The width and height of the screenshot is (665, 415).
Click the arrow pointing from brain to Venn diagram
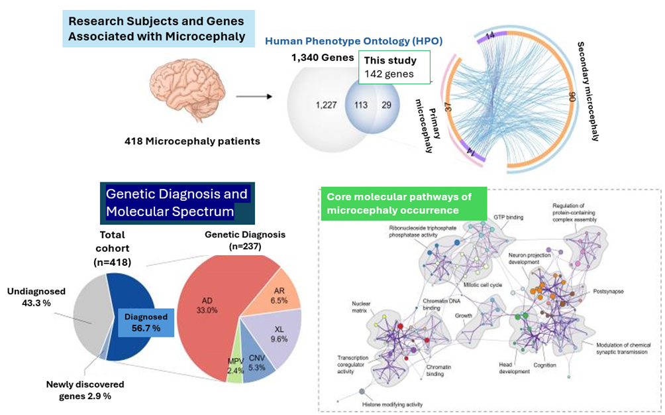point(254,97)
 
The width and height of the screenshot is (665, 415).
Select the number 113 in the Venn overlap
point(361,105)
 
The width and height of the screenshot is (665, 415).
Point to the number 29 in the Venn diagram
point(387,105)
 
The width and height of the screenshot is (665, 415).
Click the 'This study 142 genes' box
point(394,67)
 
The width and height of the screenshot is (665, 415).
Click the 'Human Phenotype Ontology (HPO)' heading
point(354,41)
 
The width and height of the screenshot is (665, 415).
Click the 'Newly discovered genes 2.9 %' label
point(85,390)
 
